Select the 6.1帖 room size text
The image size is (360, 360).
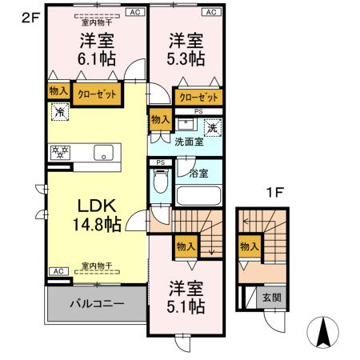click(x=95, y=59)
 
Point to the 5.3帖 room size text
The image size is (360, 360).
click(x=186, y=59)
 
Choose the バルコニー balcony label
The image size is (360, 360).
click(x=96, y=303)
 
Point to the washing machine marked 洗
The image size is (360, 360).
click(x=211, y=126)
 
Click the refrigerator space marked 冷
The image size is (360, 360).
click(x=58, y=114)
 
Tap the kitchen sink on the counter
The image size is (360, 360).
click(x=102, y=153)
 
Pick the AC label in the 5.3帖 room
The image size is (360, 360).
click(x=211, y=13)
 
